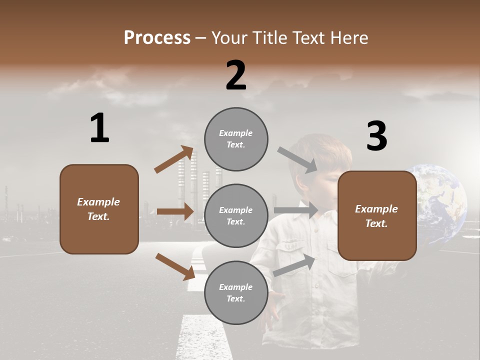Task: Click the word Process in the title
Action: point(157,37)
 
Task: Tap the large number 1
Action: point(99,128)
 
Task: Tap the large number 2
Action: point(236,75)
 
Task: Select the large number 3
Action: point(376,136)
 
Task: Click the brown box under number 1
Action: point(99,209)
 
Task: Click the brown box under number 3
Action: point(377,215)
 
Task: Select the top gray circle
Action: point(236,139)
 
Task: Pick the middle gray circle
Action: point(236,215)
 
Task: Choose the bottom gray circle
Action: point(236,292)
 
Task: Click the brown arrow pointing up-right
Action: point(174,160)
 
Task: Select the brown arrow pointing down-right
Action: point(175,266)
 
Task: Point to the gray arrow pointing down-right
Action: point(297,160)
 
